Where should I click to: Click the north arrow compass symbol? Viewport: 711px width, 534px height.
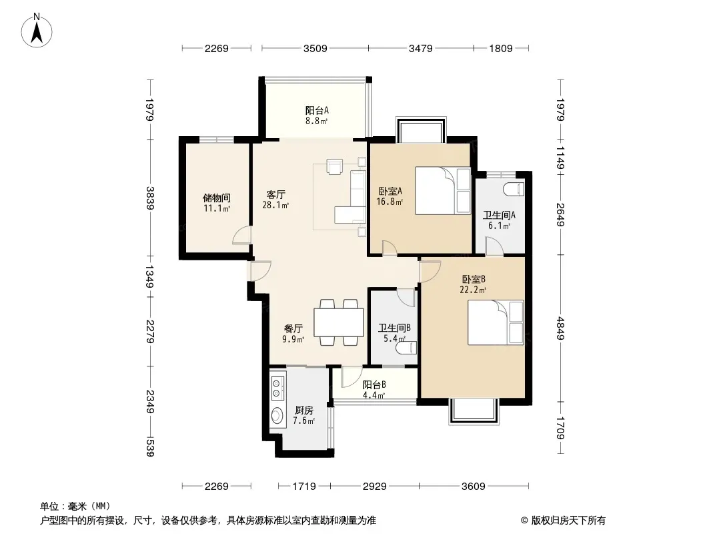point(37,30)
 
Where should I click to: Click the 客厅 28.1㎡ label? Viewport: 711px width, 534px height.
point(275,199)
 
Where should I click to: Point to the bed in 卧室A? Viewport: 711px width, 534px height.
point(444,190)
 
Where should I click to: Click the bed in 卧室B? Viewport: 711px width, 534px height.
point(496,322)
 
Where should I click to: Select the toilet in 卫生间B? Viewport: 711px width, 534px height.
point(406,348)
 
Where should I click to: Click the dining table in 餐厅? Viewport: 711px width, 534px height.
point(339,322)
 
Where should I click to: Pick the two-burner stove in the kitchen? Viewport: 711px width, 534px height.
point(277,388)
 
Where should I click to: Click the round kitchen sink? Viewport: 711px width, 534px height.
point(277,415)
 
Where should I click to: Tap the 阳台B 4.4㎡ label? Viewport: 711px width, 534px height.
point(374,390)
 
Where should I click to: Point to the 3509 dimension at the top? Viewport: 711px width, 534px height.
point(315,48)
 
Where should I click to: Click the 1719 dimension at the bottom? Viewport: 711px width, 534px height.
point(303,487)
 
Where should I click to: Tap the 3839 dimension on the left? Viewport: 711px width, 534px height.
point(150,198)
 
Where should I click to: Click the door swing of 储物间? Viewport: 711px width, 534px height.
point(241,235)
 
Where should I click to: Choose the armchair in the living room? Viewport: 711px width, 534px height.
point(335,166)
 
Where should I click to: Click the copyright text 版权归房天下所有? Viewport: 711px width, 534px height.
point(568,521)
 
